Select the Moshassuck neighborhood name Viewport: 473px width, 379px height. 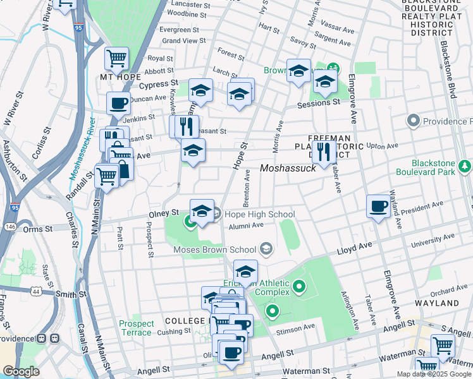click(x=288, y=168)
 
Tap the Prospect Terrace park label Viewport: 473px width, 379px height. click(x=136, y=328)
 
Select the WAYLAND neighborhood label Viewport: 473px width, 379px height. click(x=437, y=303)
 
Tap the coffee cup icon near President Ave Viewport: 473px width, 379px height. click(x=379, y=206)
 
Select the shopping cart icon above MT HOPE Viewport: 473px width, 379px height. click(x=116, y=58)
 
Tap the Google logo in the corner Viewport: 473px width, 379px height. click(x=21, y=371)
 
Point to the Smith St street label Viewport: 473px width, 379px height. click(x=70, y=294)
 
